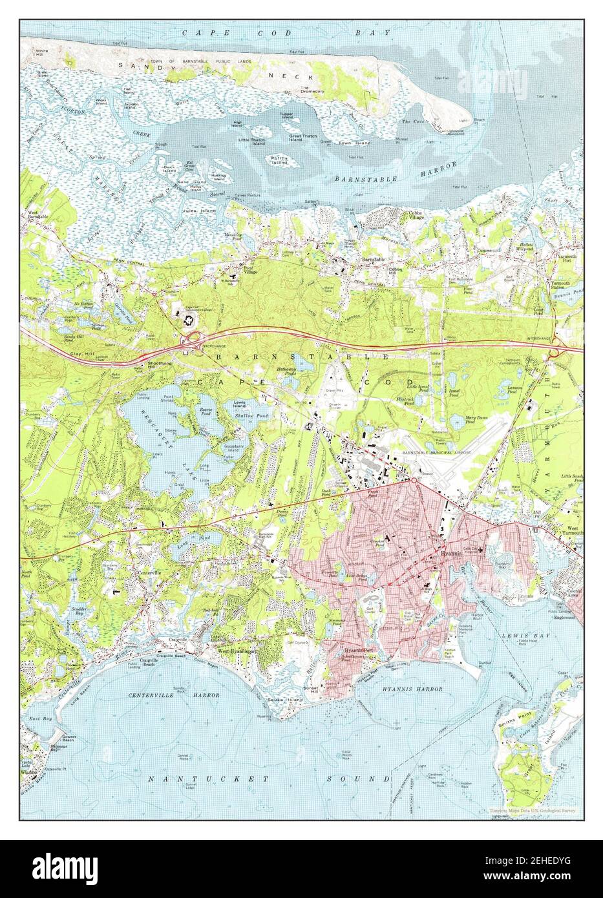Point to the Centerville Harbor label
pyautogui.click(x=183, y=695)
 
